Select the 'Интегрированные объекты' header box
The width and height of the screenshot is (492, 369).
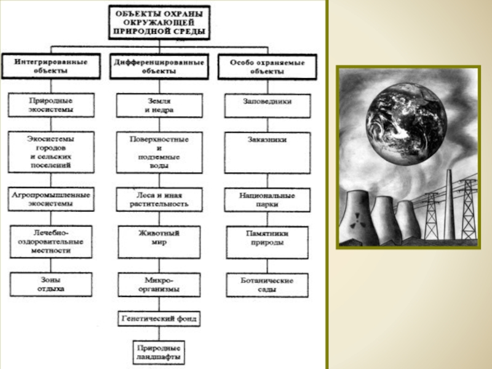(52, 66)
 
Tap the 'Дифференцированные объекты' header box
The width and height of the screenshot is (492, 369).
(159, 66)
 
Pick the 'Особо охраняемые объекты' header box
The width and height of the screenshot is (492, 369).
(267, 66)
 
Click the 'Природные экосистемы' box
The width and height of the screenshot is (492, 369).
(52, 105)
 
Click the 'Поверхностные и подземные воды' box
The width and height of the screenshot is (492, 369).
(159, 153)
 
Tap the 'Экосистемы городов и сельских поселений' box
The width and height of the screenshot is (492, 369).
(52, 151)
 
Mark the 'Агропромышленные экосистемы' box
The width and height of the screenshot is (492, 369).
(52, 198)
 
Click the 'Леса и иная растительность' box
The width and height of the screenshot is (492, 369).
(159, 199)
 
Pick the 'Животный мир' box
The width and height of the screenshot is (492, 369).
(159, 238)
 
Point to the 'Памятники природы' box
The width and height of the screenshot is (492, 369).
(266, 238)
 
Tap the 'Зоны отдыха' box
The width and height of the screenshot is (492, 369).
(51, 284)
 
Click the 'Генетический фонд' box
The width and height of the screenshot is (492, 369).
(159, 319)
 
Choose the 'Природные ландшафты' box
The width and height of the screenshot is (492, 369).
(159, 351)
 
